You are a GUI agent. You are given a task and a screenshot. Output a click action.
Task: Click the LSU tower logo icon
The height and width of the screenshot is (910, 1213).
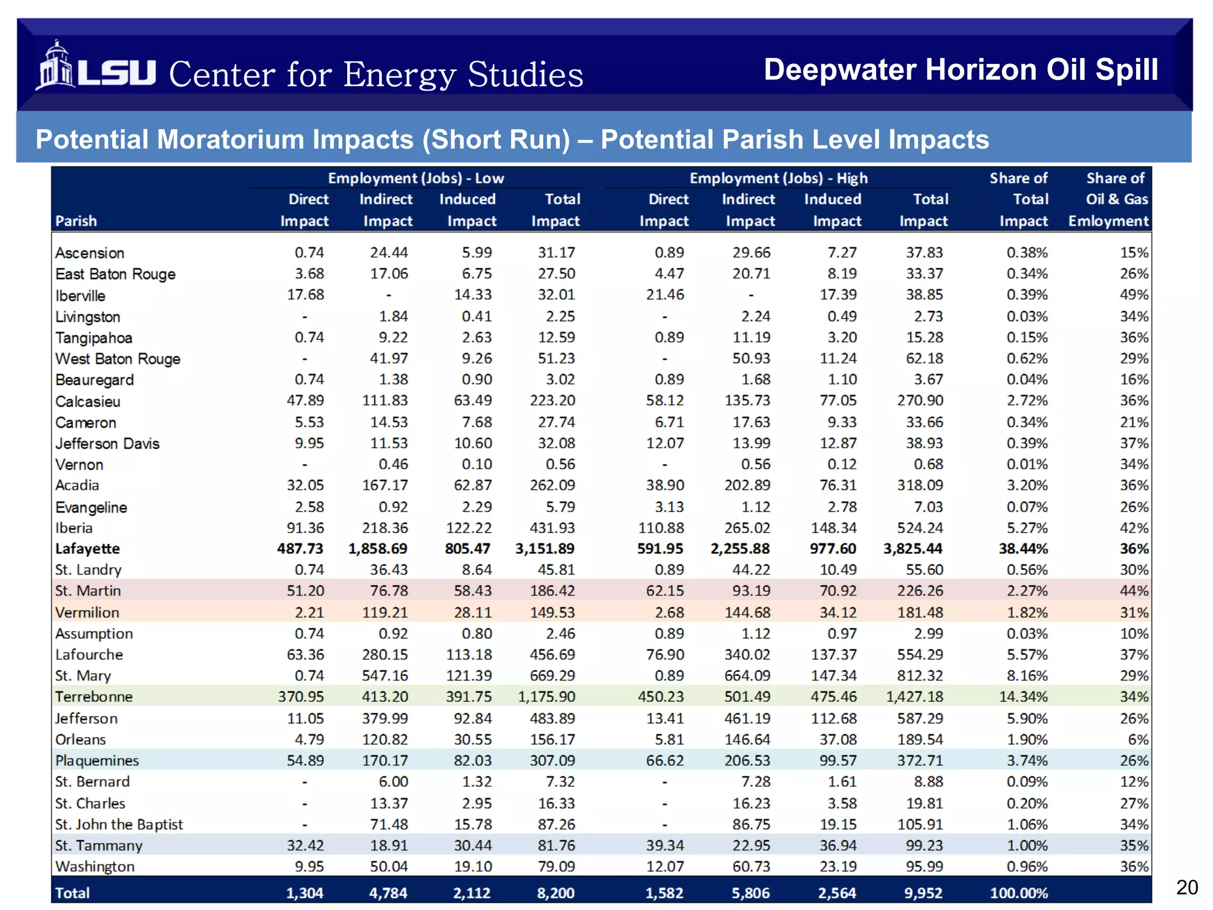(54, 66)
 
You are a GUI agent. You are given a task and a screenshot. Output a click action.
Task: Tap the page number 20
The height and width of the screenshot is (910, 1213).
(1186, 887)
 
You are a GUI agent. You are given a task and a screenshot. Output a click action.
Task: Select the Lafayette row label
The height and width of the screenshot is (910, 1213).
(88, 549)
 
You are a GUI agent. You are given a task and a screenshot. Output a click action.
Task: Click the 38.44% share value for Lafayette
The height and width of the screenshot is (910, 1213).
(1023, 549)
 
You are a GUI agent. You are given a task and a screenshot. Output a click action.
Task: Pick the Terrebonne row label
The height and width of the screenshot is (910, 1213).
(94, 697)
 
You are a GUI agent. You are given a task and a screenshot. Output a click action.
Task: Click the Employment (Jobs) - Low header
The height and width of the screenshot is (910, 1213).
(416, 178)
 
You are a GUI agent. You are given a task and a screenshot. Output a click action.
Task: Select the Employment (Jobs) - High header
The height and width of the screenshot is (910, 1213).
(778, 178)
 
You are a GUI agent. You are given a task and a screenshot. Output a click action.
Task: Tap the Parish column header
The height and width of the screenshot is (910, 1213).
(76, 221)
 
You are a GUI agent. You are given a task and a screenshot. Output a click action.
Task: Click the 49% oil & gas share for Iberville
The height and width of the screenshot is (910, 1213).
(1134, 294)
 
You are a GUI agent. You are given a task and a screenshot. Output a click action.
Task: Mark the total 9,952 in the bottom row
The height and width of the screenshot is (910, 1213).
(923, 893)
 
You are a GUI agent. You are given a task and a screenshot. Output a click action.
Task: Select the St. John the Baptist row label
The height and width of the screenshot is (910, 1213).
(119, 824)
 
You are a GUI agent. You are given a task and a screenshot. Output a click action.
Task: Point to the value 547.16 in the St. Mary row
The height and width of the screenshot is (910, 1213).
(385, 675)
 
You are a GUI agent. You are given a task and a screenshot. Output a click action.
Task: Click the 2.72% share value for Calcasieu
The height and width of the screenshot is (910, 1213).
(1027, 400)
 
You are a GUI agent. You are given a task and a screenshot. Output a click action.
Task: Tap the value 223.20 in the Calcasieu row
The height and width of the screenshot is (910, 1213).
(553, 400)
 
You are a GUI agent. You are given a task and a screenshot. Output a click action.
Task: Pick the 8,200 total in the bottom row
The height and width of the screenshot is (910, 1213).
(556, 893)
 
